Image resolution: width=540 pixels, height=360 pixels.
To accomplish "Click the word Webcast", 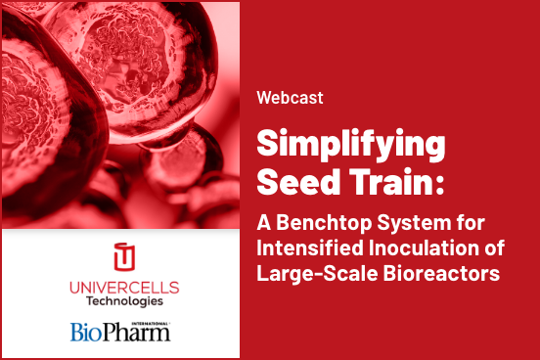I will (290, 98).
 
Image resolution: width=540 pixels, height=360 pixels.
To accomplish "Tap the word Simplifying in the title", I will (351, 146).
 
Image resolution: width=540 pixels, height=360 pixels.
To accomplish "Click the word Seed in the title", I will (297, 183).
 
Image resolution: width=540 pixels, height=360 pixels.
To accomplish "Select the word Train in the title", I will (391, 183).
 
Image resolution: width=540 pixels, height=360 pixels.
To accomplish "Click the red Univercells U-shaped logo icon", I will (122, 256).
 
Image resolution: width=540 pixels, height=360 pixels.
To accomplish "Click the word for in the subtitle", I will (469, 222).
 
